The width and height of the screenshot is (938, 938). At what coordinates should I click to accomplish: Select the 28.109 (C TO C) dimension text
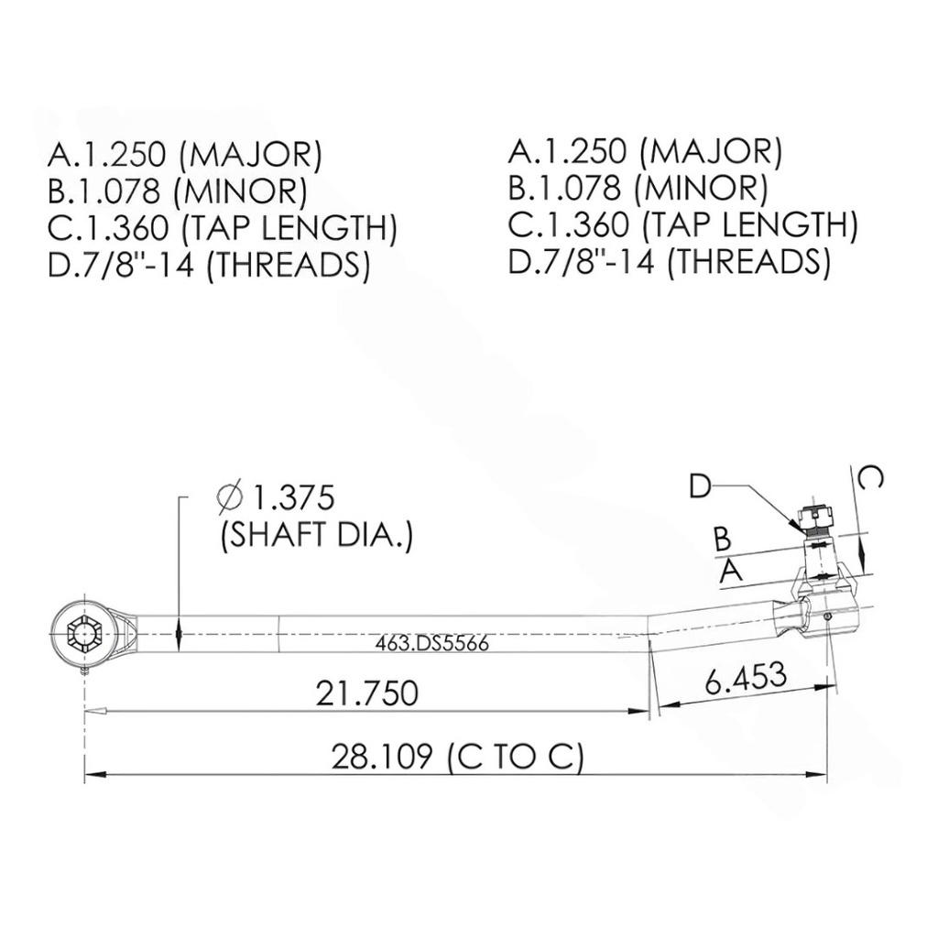tap(457, 758)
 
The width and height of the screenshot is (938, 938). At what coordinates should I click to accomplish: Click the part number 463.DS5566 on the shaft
tap(431, 644)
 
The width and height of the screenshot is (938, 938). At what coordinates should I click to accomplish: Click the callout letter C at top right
tap(873, 478)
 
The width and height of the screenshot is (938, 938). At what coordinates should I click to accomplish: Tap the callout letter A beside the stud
tap(730, 572)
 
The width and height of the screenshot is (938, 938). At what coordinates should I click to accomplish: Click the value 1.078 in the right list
tap(583, 189)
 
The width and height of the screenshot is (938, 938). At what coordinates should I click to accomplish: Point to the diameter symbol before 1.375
tap(229, 498)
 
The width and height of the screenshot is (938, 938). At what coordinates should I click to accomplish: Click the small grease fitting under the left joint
tap(85, 671)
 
